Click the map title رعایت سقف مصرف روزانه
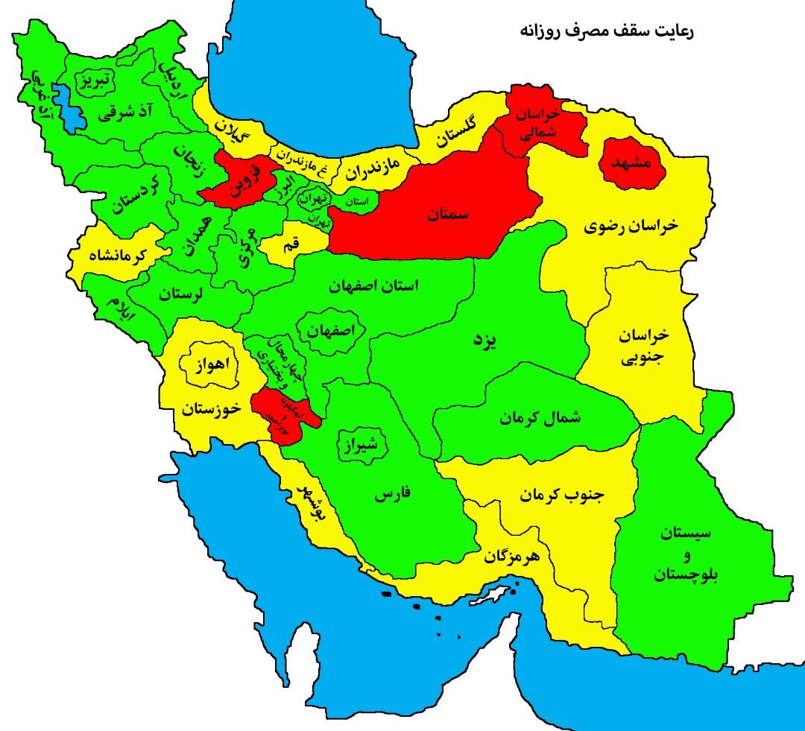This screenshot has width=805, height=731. pyautogui.click(x=607, y=32)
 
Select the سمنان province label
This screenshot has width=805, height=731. pyautogui.click(x=449, y=215)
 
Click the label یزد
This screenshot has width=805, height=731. pyautogui.click(x=485, y=341)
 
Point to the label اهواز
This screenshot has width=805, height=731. pyautogui.click(x=211, y=365)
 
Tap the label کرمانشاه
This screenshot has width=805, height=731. pyautogui.click(x=121, y=256)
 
